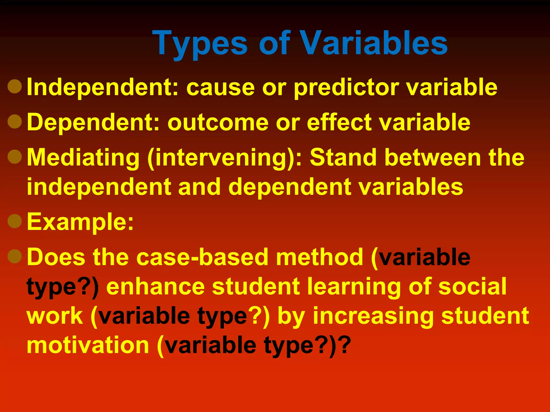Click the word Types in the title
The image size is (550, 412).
click(200, 44)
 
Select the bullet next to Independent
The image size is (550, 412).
click(15, 86)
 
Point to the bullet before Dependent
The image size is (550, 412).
click(15, 121)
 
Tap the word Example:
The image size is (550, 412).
click(80, 222)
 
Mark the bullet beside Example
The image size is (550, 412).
click(15, 221)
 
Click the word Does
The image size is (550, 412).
click(56, 257)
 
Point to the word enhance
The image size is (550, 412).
click(155, 286)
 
